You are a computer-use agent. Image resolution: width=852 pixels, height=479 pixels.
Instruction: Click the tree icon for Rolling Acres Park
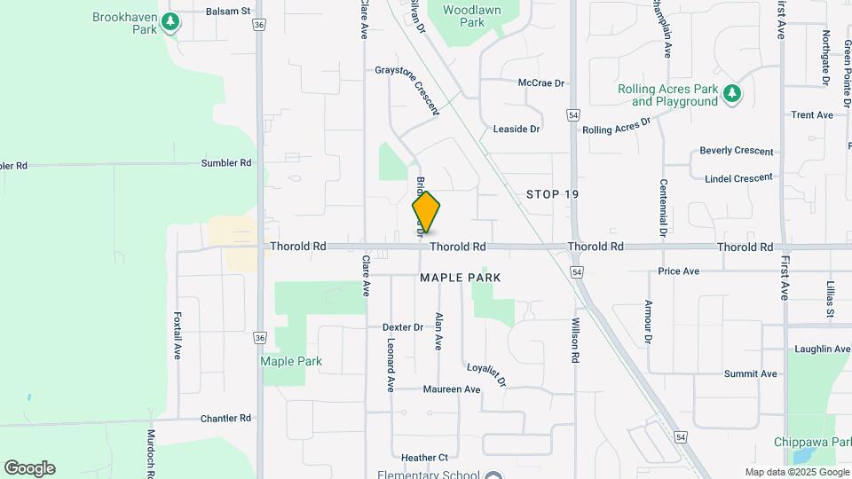point(732,93)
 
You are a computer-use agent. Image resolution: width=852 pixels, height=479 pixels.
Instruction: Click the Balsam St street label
point(228,12)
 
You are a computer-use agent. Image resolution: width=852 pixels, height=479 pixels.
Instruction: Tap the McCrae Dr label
point(541,82)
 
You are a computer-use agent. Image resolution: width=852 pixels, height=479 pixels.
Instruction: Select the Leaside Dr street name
point(517,129)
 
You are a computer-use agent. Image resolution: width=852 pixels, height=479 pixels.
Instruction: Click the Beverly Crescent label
point(736,151)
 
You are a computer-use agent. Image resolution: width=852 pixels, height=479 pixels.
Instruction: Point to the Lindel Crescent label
point(738,178)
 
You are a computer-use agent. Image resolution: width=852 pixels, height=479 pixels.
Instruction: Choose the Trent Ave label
point(812,115)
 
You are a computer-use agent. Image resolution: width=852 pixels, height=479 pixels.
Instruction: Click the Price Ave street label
point(679,271)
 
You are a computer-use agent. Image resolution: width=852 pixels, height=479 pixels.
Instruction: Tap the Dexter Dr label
point(403,327)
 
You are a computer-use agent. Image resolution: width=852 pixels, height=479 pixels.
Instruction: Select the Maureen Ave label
point(451,389)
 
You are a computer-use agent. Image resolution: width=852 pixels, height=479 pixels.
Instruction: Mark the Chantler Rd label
point(225,418)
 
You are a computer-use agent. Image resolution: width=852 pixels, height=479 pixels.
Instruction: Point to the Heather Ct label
point(424,458)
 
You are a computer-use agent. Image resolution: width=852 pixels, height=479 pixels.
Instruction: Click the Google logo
point(29,468)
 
